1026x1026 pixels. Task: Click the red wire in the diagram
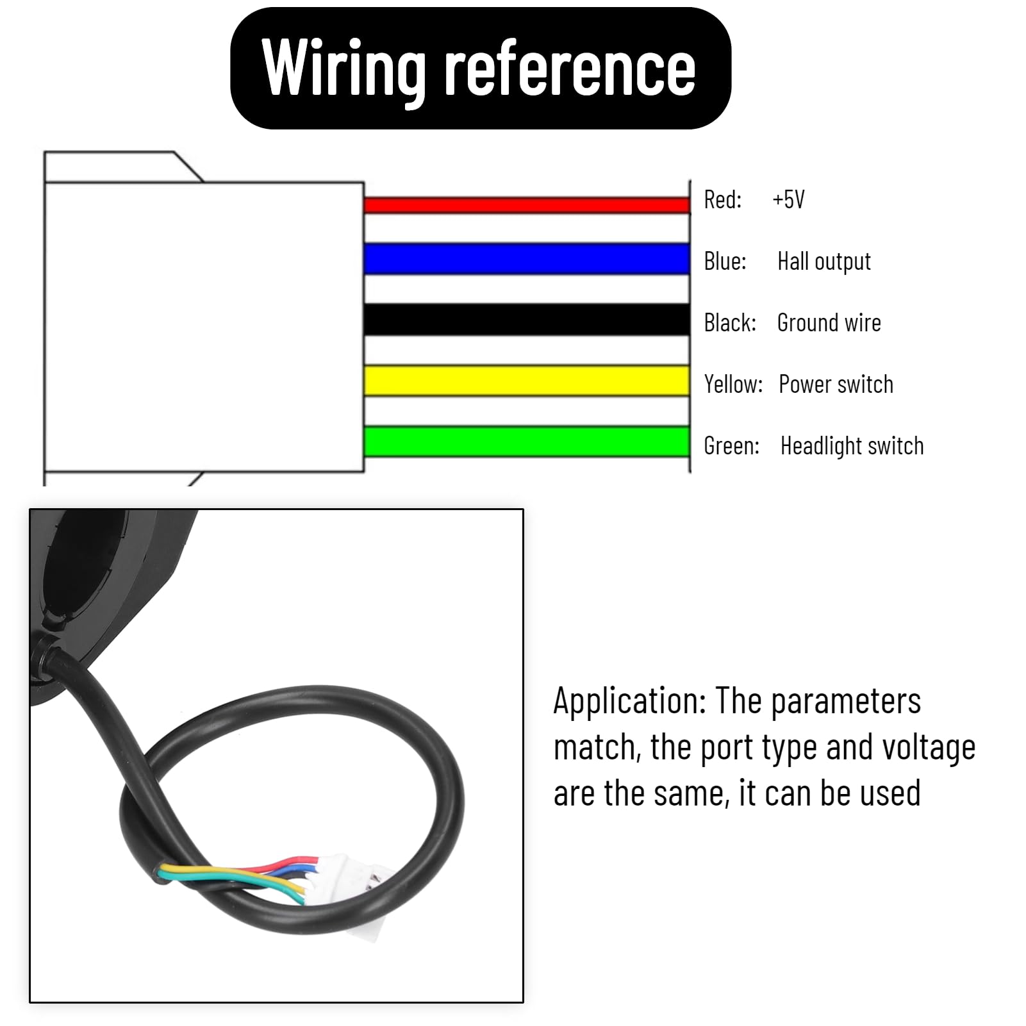[527, 205]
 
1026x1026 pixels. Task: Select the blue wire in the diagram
[527, 259]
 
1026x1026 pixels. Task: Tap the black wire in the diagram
[527, 320]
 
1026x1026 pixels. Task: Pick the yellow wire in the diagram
[527, 381]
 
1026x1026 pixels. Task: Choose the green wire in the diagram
[527, 442]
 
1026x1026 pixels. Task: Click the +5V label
[788, 199]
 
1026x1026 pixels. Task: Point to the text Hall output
[824, 261]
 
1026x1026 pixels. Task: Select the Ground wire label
[829, 322]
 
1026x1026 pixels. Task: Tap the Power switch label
[836, 385]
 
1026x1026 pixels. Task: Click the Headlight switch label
[852, 446]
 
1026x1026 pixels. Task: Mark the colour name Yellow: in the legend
[733, 385]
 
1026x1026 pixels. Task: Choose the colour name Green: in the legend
[731, 445]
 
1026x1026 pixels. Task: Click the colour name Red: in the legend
[722, 199]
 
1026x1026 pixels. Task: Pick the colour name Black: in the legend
[730, 322]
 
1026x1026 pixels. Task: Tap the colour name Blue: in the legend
[725, 261]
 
